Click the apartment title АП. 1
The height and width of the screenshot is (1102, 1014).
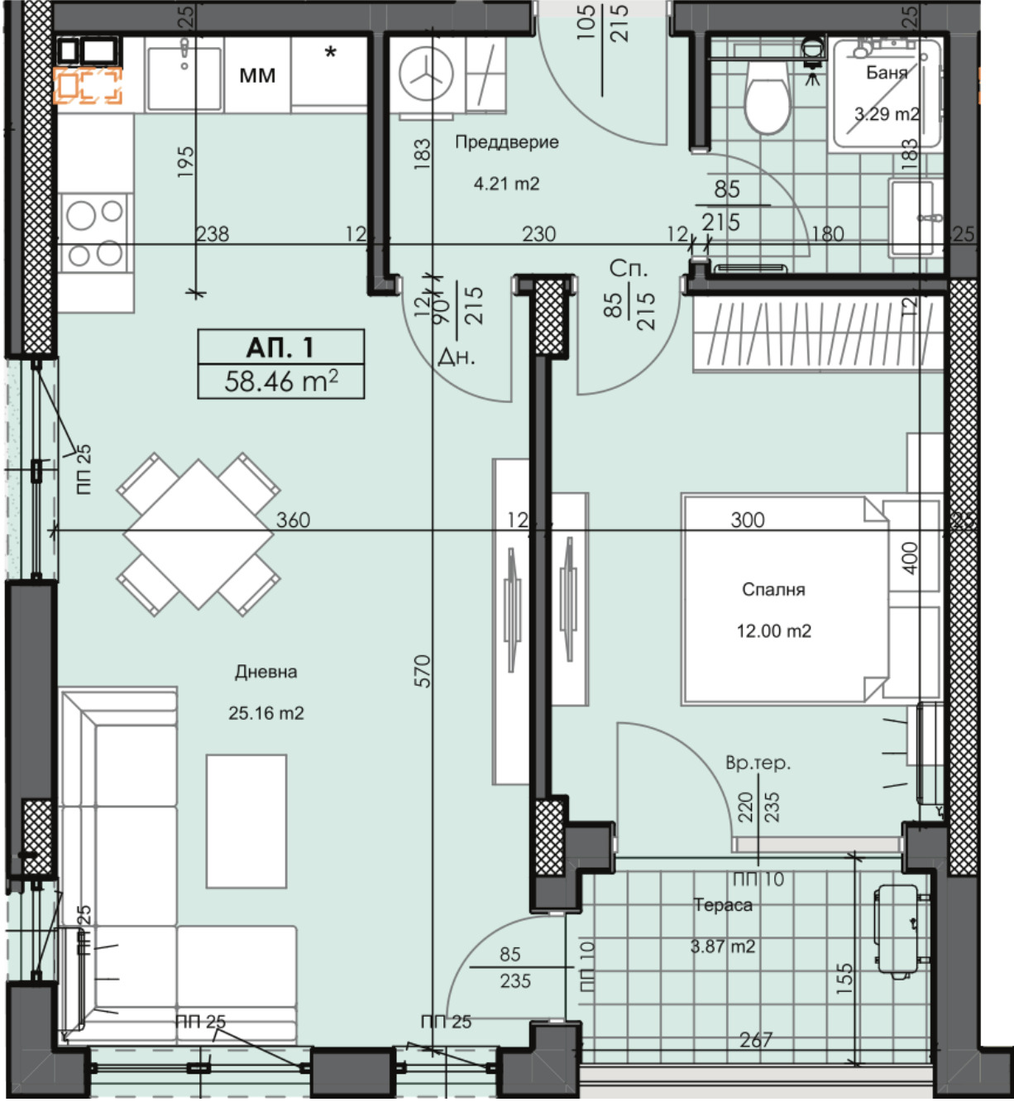[280, 347]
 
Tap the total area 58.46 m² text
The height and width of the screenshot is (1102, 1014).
[280, 381]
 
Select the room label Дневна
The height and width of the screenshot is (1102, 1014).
[265, 671]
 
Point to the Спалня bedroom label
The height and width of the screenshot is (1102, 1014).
[773, 589]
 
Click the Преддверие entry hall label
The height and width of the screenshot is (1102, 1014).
[506, 141]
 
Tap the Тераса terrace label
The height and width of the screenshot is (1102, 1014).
[723, 905]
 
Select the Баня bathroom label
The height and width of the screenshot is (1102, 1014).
[886, 73]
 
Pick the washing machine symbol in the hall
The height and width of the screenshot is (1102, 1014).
[426, 75]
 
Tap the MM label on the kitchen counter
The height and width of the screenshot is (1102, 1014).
[257, 75]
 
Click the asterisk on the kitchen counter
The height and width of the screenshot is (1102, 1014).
[330, 53]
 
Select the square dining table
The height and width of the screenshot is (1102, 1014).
[198, 534]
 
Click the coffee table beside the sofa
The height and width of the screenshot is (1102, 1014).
[246, 821]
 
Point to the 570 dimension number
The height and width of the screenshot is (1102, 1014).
[423, 671]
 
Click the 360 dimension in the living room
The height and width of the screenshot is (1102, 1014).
[293, 520]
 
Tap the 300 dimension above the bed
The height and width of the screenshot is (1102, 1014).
[747, 520]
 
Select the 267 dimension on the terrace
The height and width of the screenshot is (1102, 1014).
[756, 1039]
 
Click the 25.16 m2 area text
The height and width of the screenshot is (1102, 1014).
[265, 713]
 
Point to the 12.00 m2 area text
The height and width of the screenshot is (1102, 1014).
[773, 630]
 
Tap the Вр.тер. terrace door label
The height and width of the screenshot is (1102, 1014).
[758, 763]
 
